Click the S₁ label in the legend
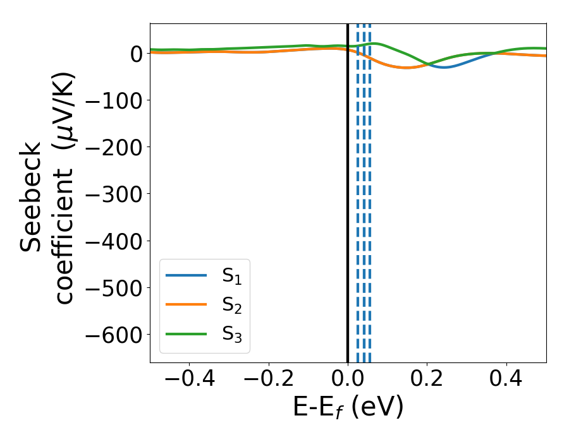pyautogui.click(x=231, y=276)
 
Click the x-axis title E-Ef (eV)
pyautogui.click(x=348, y=408)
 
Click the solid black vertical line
pyautogui.click(x=348, y=189)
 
